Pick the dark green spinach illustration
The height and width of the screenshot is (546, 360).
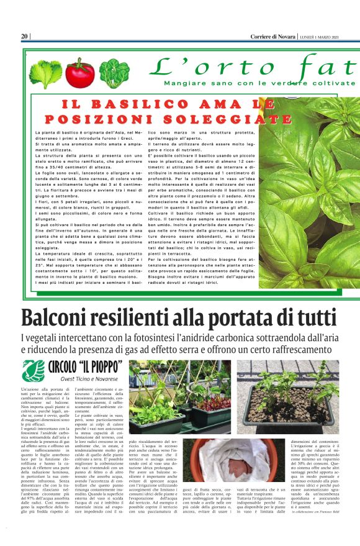pos(114,72)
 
